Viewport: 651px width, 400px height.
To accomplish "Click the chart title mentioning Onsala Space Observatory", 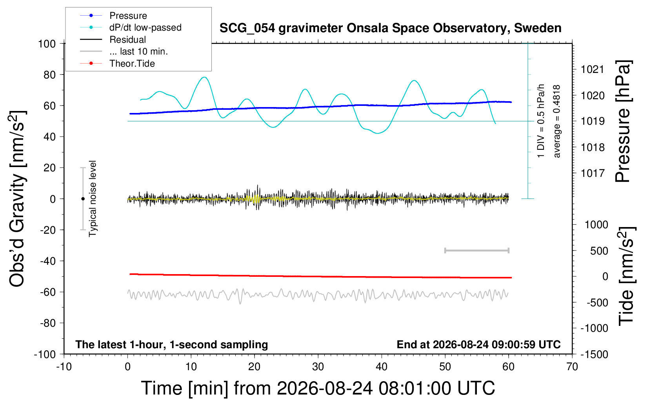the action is pos(390,28).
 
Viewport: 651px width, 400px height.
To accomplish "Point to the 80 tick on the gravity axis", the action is pos(49,75).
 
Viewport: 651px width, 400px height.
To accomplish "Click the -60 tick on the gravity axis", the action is pos(48,292).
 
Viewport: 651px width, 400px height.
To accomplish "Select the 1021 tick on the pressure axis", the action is pos(592,69).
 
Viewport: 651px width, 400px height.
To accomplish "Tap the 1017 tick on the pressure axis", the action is pos(592,173).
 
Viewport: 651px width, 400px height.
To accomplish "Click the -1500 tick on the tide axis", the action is pos(594,355).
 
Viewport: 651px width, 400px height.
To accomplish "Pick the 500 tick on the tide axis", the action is pos(599,251).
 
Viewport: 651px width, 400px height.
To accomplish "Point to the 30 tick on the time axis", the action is pos(318,367).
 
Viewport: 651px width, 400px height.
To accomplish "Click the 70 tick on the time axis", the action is pos(572,367).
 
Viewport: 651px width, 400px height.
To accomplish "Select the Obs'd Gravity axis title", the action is pos(17,198).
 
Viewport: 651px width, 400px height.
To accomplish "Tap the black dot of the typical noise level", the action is pos(83,199).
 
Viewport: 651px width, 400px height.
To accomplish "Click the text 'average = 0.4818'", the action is pos(556,121).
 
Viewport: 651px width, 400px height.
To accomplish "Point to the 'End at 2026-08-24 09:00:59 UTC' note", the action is pos(479,344).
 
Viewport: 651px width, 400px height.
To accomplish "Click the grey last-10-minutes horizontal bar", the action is pos(477,250).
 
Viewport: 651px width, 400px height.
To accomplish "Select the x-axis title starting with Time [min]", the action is pos(318,388).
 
